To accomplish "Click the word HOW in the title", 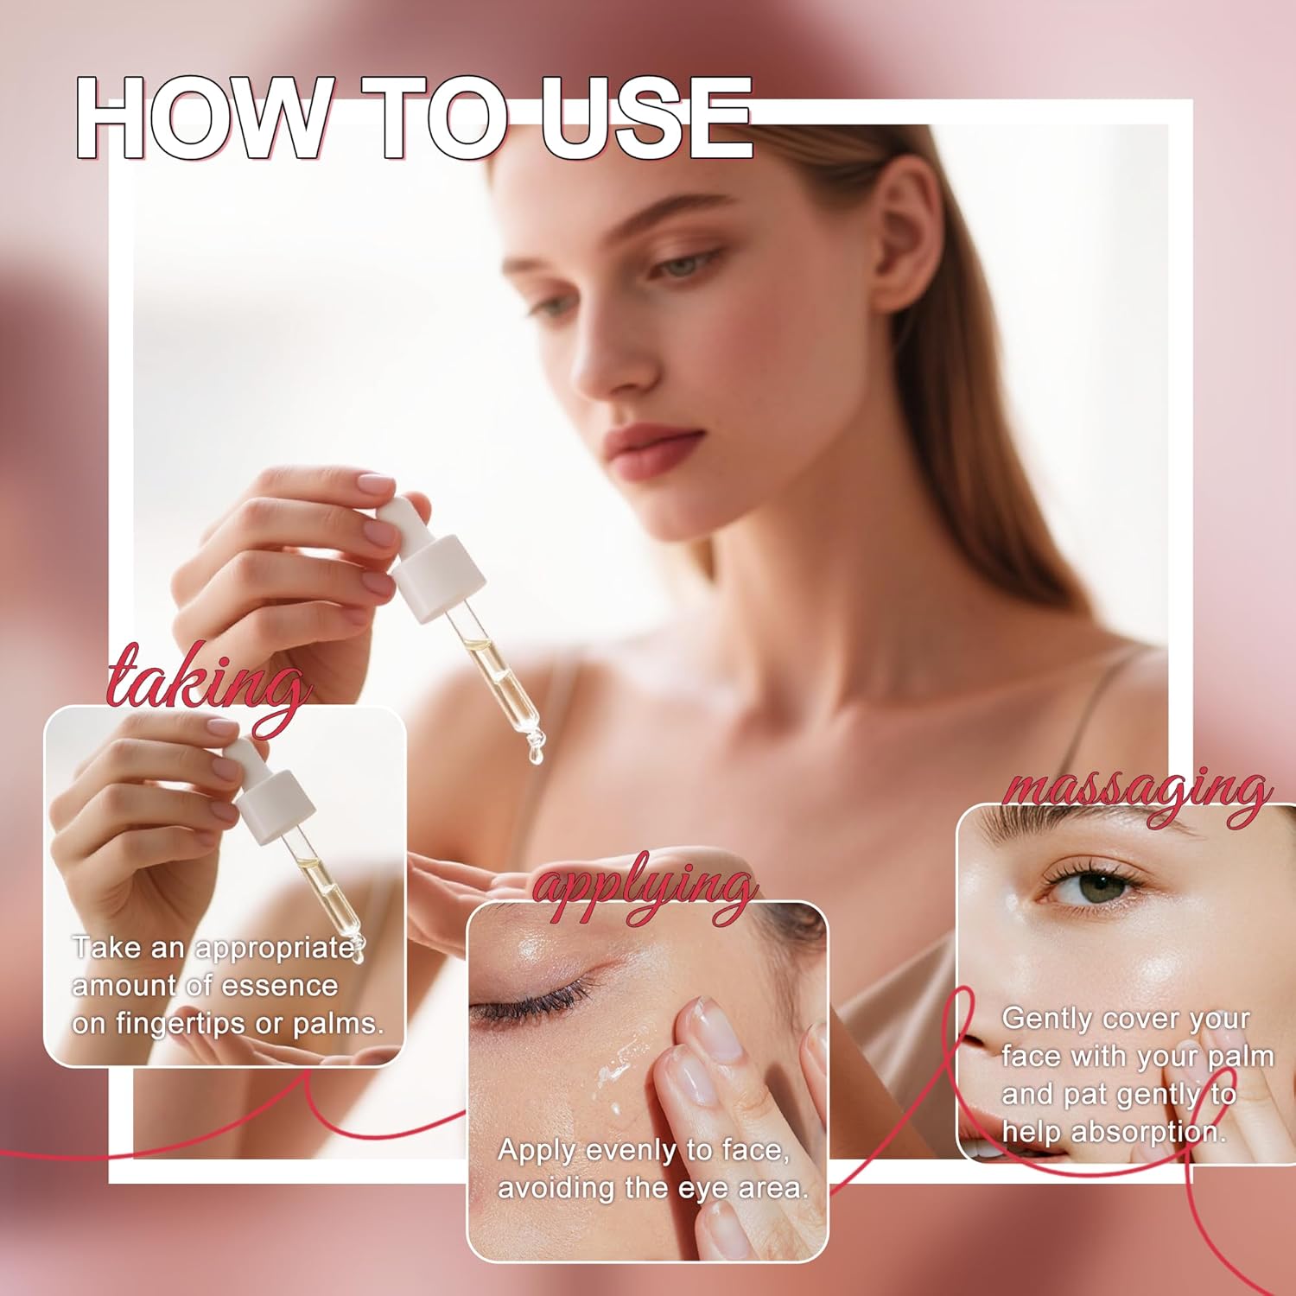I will pyautogui.click(x=200, y=118).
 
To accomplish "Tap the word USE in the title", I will pyautogui.click(x=645, y=118).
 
